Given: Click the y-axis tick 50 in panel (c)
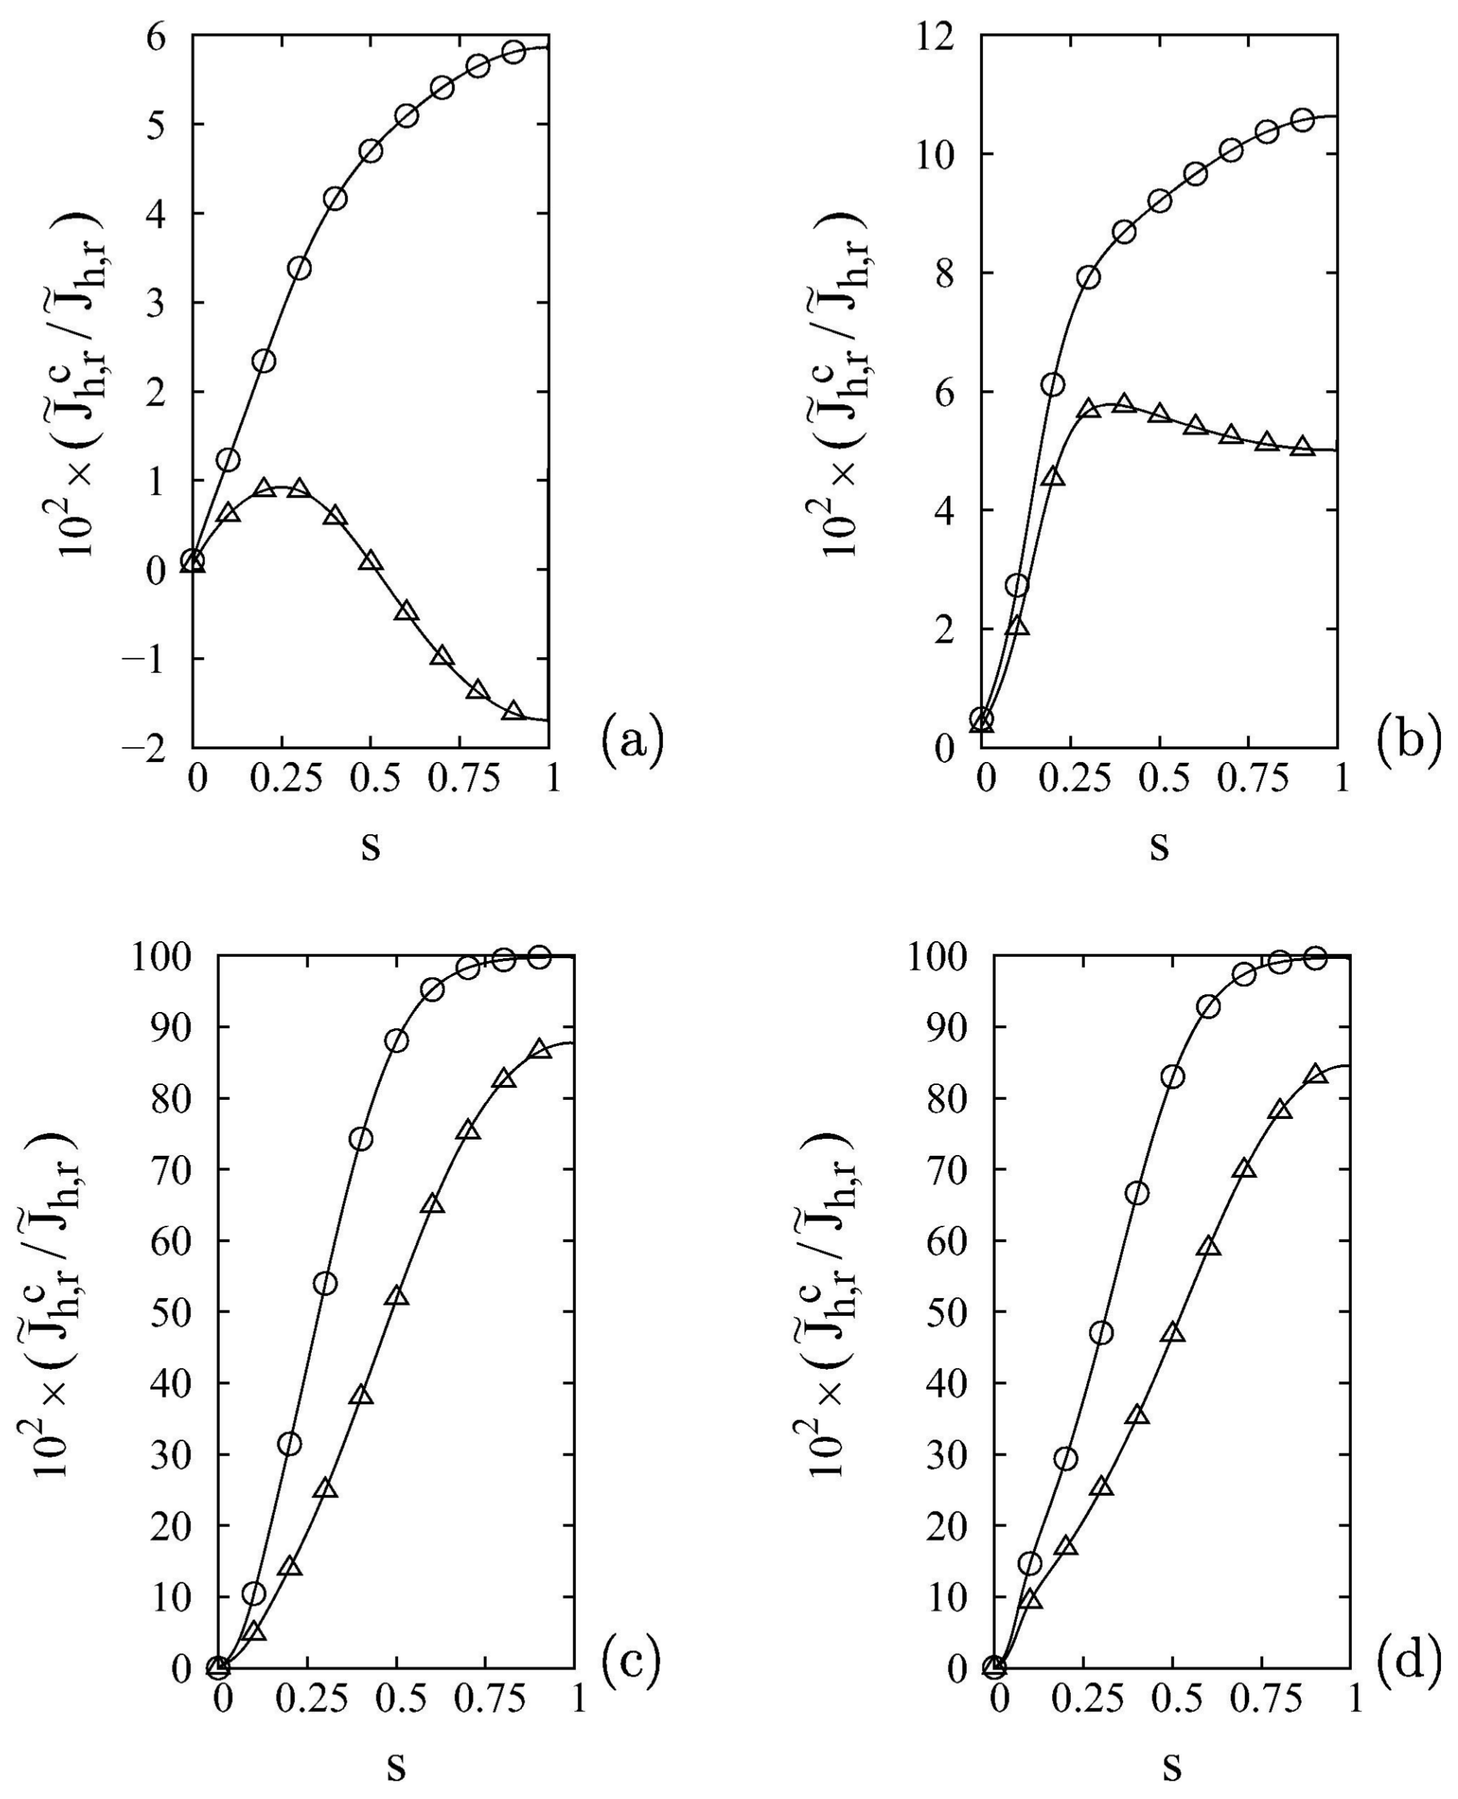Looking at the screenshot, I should (x=171, y=1313).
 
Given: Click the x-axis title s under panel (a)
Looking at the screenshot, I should (x=370, y=844).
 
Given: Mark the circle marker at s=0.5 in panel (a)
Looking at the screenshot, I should (x=370, y=151).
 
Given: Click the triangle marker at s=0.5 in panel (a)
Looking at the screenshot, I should (x=370, y=561).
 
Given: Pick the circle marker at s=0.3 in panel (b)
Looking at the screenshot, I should (x=1089, y=277).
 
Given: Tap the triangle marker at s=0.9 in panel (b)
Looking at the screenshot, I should (x=1302, y=446).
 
